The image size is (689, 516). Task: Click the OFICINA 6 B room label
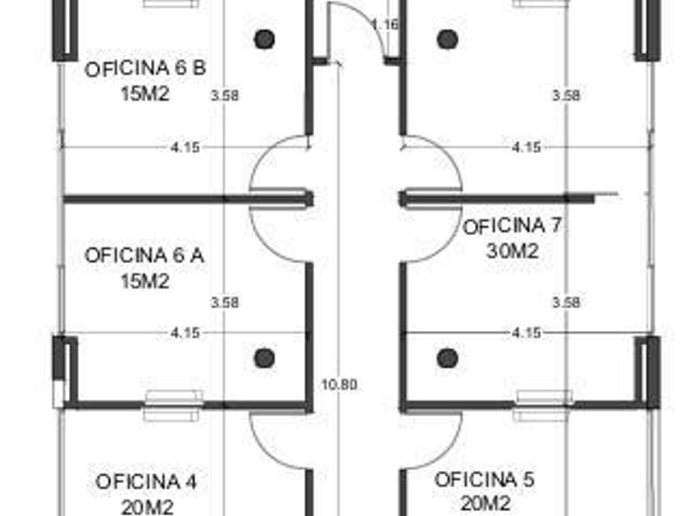click(x=145, y=69)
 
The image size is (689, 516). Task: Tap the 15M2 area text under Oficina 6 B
click(x=145, y=93)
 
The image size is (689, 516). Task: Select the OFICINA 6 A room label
click(x=144, y=256)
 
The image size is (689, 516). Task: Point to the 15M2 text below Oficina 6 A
click(x=145, y=281)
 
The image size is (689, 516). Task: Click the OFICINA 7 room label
click(x=512, y=226)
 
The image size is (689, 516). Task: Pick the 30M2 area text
click(x=513, y=251)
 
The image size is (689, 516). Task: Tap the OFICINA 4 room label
click(x=145, y=482)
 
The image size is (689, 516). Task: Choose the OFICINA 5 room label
click(x=484, y=479)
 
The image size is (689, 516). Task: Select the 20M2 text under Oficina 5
click(x=486, y=504)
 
